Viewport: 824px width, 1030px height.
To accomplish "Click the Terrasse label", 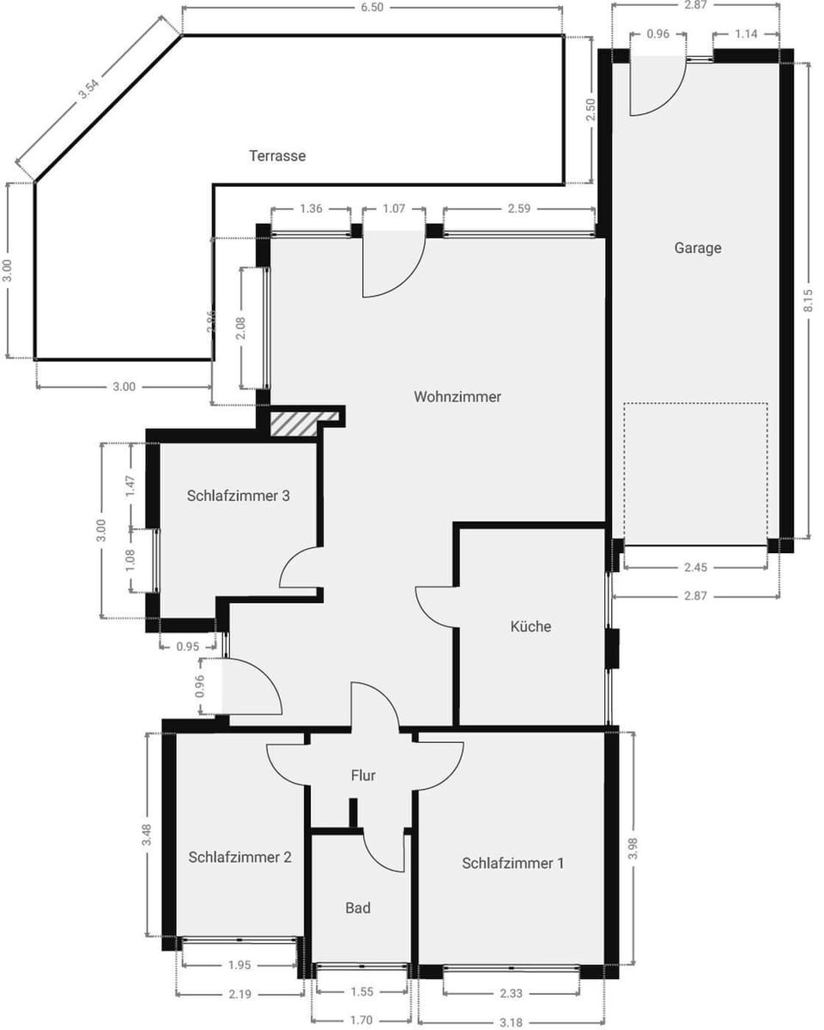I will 277,156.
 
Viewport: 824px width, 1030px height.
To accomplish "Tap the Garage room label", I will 697,248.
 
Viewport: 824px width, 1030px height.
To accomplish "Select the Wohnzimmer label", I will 457,396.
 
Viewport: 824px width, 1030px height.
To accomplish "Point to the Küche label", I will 530,626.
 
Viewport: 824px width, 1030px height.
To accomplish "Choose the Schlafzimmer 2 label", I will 239,857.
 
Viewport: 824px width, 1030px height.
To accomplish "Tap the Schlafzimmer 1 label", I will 512,863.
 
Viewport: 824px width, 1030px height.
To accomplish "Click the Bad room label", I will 358,907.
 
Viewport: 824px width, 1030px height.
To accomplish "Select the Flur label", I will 363,775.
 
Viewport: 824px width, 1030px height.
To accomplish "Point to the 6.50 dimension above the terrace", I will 373,8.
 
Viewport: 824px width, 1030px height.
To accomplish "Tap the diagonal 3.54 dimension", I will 89,90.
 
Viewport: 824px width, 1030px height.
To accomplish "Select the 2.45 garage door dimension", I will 696,567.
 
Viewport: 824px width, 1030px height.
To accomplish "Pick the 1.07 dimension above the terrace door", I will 393,208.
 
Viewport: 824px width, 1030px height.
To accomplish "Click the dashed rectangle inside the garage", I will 695,473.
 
